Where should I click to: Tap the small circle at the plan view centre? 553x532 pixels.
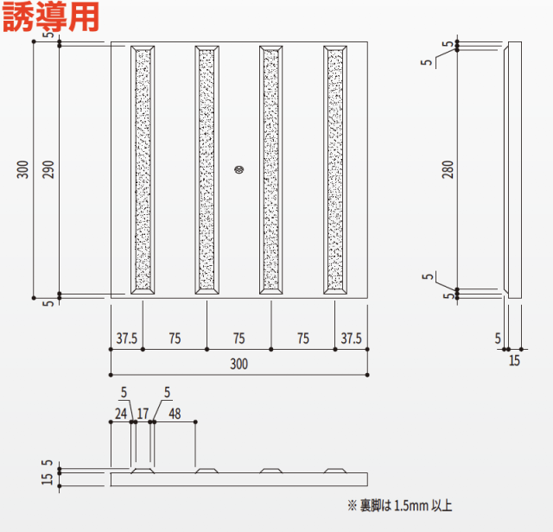click(239, 169)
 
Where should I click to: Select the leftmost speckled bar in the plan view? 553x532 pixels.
click(143, 169)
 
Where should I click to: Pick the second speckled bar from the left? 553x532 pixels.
click(207, 169)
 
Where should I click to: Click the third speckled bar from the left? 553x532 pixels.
click(271, 169)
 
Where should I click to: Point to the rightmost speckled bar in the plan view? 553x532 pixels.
click(335, 169)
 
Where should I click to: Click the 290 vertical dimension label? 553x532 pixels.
click(48, 169)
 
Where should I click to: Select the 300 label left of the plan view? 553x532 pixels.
click(23, 169)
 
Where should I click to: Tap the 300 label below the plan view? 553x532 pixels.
click(238, 364)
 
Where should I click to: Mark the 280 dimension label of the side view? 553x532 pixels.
click(447, 169)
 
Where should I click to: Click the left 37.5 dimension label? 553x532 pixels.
click(126, 338)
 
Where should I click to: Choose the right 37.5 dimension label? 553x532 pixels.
click(352, 338)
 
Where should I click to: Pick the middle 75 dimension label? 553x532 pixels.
click(238, 338)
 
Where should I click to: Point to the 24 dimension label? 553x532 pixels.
click(121, 414)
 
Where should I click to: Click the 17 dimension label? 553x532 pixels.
click(143, 414)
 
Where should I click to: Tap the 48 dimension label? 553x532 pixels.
click(175, 414)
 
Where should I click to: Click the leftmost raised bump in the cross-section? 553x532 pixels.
click(143, 471)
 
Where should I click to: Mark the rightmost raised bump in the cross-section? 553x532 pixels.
click(335, 471)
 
